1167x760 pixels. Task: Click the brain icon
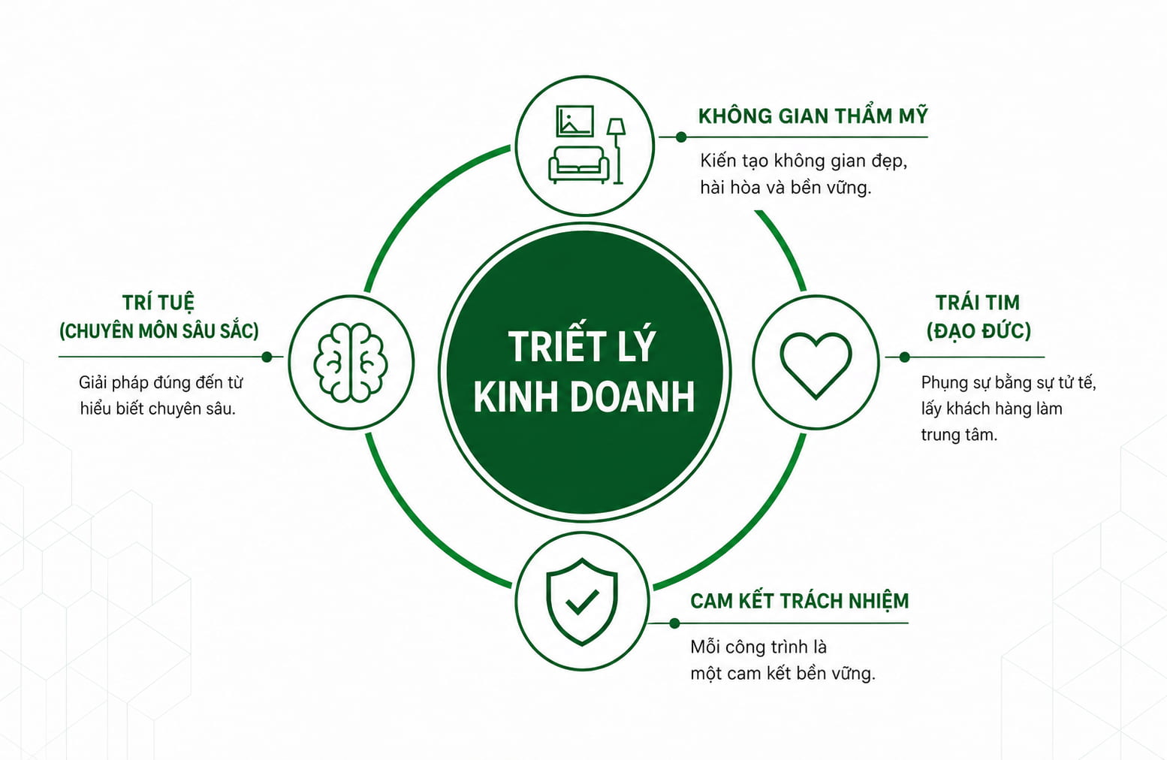[x=351, y=363]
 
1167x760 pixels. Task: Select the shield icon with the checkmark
[x=582, y=601]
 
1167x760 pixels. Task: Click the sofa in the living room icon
[x=578, y=164]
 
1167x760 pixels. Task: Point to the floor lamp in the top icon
[x=617, y=151]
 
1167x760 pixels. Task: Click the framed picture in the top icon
[x=574, y=121]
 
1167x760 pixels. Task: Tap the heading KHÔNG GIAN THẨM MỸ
[x=813, y=116]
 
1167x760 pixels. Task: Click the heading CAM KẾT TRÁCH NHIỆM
[x=799, y=601]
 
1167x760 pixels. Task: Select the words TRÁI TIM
[x=977, y=303]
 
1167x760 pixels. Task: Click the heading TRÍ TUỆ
[x=158, y=302]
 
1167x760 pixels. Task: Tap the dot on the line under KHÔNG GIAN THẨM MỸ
[x=681, y=137]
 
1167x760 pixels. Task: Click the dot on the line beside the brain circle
[x=267, y=357]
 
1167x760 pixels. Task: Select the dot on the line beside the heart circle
[x=904, y=357]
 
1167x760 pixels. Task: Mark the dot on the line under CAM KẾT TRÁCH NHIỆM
[x=674, y=623]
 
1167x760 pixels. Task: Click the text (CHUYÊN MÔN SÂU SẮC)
[x=159, y=330]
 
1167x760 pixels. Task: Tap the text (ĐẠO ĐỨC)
[x=979, y=330]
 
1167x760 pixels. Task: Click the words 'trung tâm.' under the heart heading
[x=958, y=434]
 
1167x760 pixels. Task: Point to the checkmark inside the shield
[x=583, y=602]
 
